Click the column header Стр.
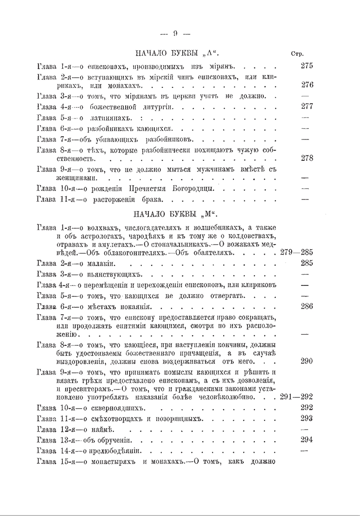click(297, 53)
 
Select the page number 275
click(307, 66)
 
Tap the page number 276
click(307, 85)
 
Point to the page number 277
click(307, 106)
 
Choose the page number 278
click(307, 158)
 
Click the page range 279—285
click(297, 252)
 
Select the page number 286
click(307, 306)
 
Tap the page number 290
click(307, 360)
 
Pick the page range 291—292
click(297, 396)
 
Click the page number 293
click(307, 418)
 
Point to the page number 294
click(307, 439)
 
